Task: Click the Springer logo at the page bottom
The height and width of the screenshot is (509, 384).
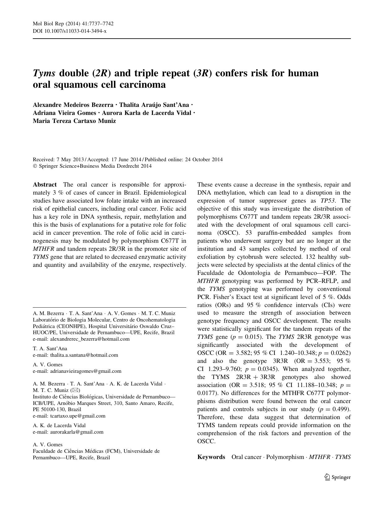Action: (337, 477)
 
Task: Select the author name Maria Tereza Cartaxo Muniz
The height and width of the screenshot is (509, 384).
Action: (74, 121)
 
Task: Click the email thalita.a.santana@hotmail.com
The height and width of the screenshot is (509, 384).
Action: (86, 355)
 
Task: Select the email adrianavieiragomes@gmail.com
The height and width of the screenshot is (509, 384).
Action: (88, 371)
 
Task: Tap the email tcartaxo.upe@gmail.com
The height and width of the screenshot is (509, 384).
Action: (80, 416)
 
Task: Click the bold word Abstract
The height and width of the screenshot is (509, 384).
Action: (45, 185)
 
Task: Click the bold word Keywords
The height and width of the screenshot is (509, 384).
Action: (211, 457)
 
